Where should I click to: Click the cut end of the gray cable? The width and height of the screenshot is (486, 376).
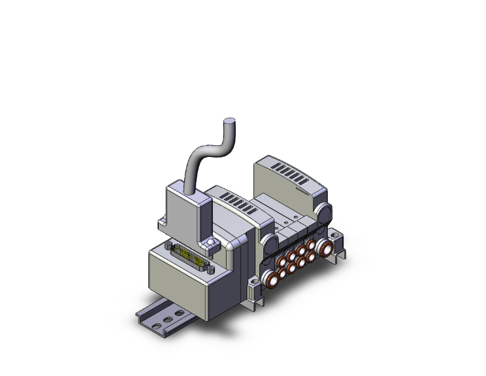coord(229,121)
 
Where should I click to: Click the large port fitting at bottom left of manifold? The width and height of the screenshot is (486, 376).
coord(268,281)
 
